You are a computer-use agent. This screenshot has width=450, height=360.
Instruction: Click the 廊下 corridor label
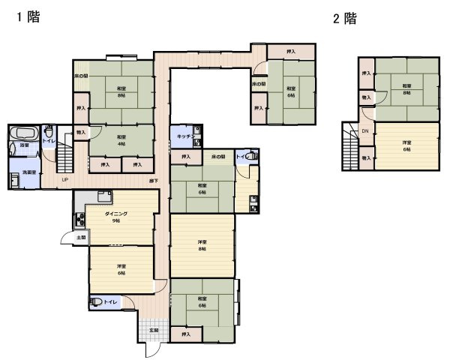coord(153,181)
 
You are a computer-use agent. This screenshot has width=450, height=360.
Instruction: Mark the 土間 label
coord(81,238)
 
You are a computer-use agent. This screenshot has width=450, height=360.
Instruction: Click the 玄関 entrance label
coord(154,330)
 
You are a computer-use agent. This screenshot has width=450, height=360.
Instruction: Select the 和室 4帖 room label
coord(121,140)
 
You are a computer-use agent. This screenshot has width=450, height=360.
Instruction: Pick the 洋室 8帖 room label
coord(202,244)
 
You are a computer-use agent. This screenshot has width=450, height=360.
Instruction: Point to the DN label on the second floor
coord(365,132)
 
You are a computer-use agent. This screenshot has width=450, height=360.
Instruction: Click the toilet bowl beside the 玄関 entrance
coord(98,301)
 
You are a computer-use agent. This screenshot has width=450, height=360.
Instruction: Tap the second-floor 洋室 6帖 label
coord(407,145)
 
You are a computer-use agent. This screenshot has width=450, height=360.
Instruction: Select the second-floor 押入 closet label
coord(366,73)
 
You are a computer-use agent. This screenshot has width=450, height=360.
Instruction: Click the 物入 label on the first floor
coord(81,132)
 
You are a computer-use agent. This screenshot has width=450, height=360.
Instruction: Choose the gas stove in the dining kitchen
coord(79,220)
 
